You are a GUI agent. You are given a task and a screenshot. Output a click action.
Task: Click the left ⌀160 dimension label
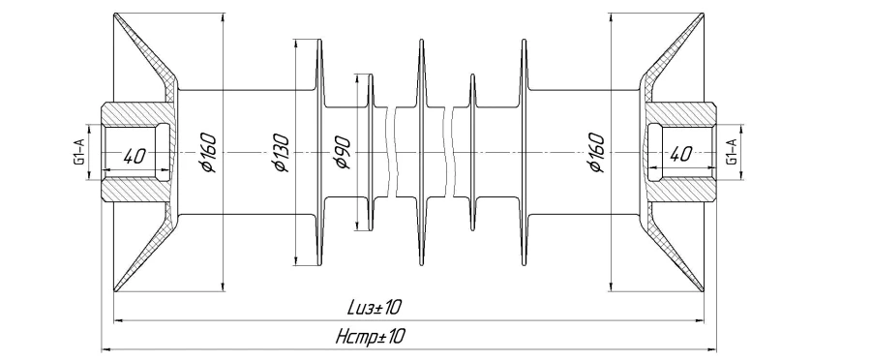tap(208, 152)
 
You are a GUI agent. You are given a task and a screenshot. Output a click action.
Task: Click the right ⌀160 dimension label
tap(595, 152)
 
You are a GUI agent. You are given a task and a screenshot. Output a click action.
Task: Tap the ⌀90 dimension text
tap(341, 152)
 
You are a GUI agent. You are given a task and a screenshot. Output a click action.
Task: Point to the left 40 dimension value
tap(134, 156)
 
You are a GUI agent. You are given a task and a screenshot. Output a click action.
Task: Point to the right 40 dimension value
tap(681, 154)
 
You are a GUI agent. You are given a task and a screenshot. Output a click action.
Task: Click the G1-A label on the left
tap(79, 152)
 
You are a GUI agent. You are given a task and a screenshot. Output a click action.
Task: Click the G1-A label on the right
tap(733, 152)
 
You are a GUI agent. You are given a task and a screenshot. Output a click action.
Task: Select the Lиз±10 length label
tap(375, 307)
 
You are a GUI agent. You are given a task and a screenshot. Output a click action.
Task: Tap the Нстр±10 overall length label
tap(371, 336)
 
